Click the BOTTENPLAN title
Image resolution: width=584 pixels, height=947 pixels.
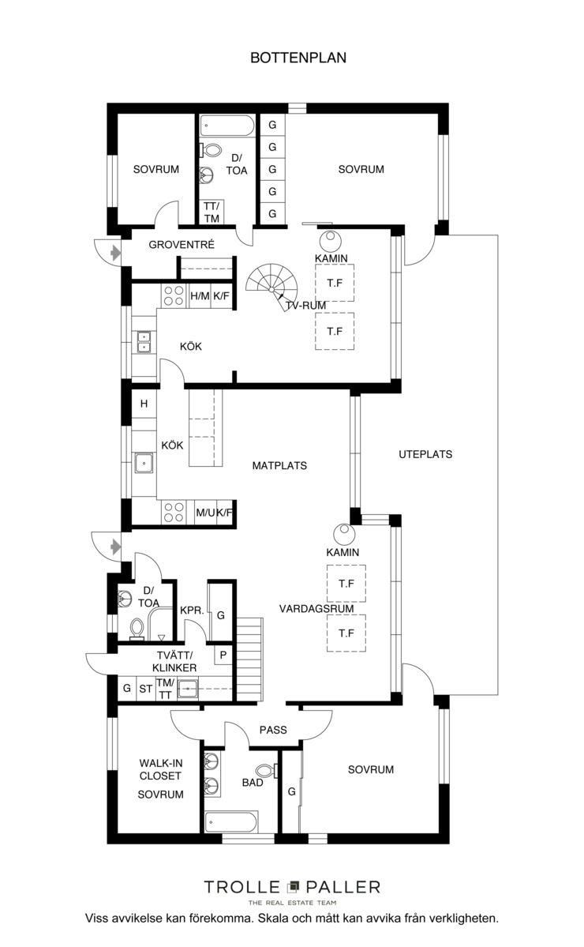[x=298, y=58]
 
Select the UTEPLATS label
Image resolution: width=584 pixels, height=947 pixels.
[x=425, y=454]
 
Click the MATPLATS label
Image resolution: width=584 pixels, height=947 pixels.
[x=279, y=466]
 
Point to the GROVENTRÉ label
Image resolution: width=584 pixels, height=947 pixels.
[x=182, y=245]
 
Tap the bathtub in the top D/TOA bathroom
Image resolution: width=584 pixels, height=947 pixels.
[x=228, y=127]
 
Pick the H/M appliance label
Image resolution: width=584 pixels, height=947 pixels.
[x=200, y=296]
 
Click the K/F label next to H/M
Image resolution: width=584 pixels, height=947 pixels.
[x=222, y=296]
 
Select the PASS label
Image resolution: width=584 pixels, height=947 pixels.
[x=273, y=730]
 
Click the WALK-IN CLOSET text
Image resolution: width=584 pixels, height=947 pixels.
[x=160, y=769]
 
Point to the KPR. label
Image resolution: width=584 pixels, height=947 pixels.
[x=192, y=611]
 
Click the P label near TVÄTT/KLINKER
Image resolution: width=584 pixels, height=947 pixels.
[x=223, y=655]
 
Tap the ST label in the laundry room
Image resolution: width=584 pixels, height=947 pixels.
[x=146, y=689]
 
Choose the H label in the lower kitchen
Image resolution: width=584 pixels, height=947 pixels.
[x=144, y=404]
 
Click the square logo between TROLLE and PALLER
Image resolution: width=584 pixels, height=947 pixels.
[x=294, y=887]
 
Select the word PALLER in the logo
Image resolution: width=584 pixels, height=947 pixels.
[x=343, y=887]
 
